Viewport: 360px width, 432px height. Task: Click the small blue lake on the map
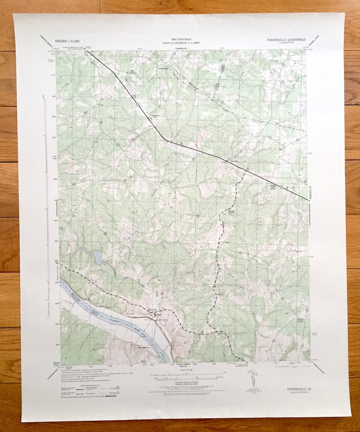click(97, 258)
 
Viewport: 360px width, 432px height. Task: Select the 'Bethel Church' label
click(231, 212)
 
